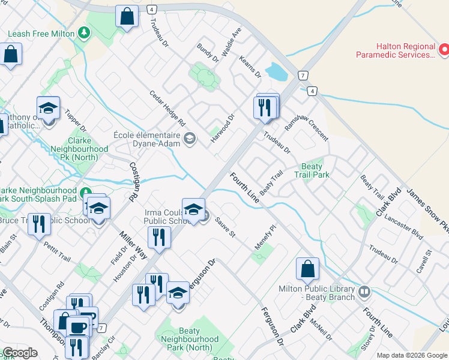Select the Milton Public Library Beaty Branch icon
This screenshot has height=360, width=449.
pyautogui.click(x=364, y=292)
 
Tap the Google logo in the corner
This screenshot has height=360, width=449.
pyautogui.click(x=20, y=353)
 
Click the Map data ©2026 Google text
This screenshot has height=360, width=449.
pyautogui.click(x=411, y=355)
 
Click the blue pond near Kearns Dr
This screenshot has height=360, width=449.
pyautogui.click(x=276, y=72)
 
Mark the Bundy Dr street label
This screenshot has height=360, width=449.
pyautogui.click(x=208, y=53)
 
